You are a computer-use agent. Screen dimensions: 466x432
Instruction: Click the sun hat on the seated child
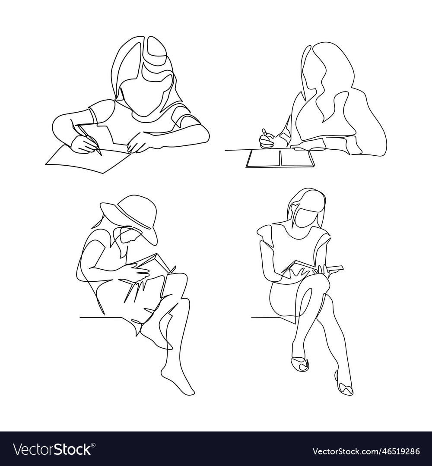click(130, 214)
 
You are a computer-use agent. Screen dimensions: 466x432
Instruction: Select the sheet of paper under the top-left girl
click(86, 160)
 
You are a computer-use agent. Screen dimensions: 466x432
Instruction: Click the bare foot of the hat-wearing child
click(177, 380)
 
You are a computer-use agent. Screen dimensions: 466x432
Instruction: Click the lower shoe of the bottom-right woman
click(345, 387)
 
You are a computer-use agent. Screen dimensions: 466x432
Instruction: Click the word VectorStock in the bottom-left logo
click(52, 449)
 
